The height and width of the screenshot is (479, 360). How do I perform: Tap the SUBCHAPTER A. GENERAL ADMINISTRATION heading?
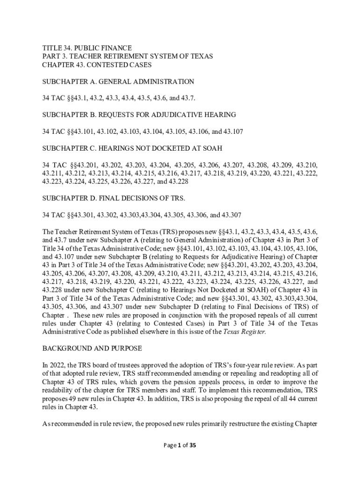(118, 81)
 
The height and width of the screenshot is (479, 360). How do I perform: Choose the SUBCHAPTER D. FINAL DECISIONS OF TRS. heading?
(114, 198)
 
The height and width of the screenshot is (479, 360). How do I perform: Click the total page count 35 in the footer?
(192, 445)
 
